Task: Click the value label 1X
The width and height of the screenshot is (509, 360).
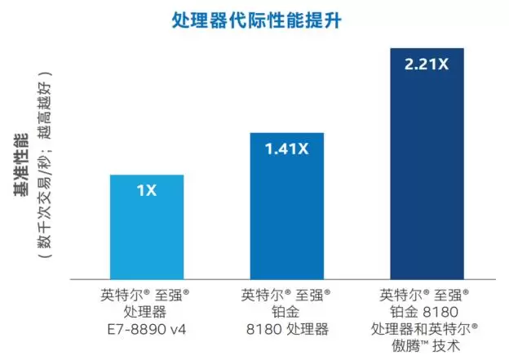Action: (x=147, y=191)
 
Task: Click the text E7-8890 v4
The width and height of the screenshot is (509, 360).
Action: (x=147, y=330)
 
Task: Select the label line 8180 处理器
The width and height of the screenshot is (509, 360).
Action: (x=285, y=330)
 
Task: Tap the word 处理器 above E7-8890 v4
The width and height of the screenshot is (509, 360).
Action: (x=147, y=312)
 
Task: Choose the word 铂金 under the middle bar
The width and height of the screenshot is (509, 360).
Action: (x=285, y=312)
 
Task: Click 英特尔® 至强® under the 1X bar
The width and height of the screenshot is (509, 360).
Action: (x=147, y=295)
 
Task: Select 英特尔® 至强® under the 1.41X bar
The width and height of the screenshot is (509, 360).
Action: (x=285, y=295)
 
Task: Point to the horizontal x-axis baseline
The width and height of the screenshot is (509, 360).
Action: (x=285, y=280)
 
